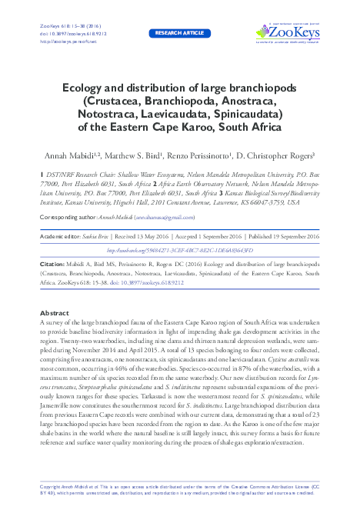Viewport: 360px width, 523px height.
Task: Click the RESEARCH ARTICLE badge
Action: pos(179,34)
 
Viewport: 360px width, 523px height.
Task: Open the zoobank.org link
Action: pos(179,250)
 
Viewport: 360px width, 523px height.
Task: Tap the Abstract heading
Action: pos(55,335)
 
